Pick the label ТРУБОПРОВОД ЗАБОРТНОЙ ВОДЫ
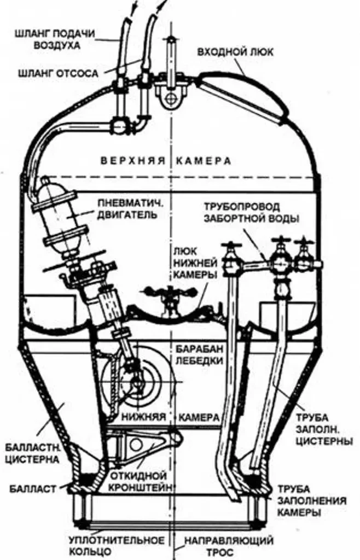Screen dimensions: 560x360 click(252, 213)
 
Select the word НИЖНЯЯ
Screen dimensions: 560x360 click(145, 417)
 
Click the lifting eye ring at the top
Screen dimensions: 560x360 click(171, 98)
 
